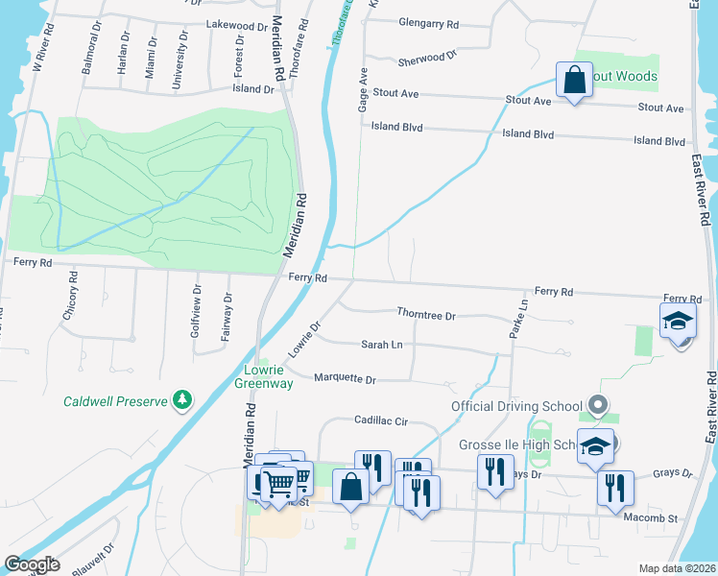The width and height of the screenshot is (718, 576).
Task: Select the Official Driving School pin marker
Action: point(599,405)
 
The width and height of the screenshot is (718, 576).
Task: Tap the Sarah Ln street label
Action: point(381,344)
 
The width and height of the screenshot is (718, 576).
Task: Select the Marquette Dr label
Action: point(345,378)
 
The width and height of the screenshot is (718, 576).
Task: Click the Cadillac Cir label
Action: point(381,420)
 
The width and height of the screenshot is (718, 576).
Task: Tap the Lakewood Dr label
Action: point(236,26)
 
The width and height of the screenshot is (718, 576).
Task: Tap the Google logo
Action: point(32,564)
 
